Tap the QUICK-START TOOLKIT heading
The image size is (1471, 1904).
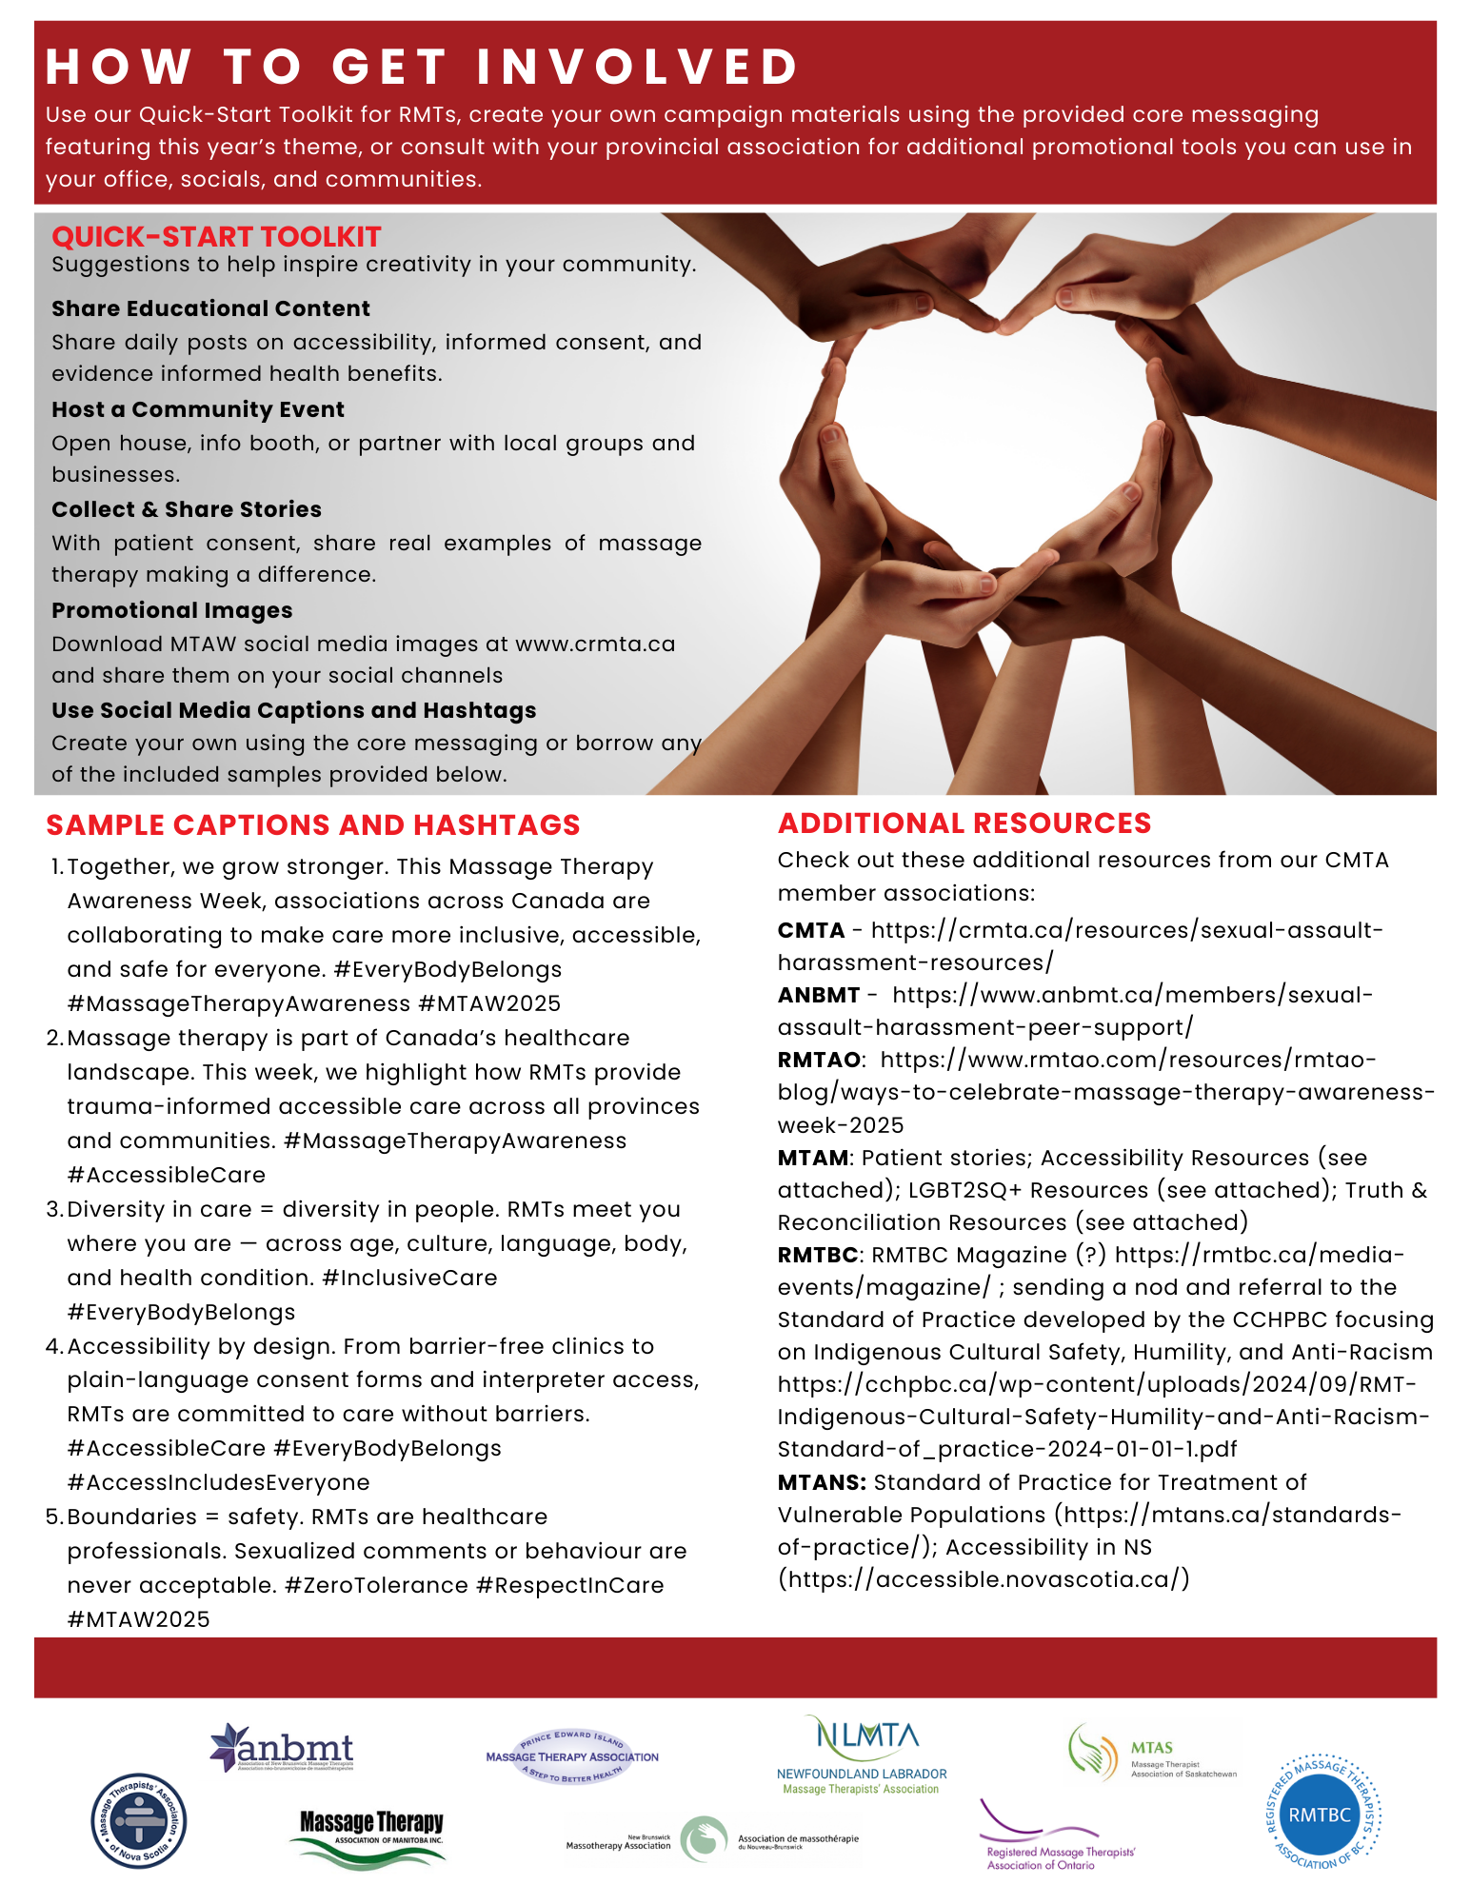[216, 237]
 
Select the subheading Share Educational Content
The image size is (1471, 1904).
[210, 308]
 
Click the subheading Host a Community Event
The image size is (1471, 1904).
[198, 409]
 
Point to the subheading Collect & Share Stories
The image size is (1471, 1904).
[187, 509]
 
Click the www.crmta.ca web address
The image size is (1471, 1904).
[595, 644]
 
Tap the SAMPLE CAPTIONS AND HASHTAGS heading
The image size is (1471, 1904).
[313, 825]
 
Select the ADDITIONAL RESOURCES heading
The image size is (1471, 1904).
[964, 823]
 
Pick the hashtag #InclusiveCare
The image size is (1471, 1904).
[409, 1278]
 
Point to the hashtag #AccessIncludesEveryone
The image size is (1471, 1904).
[218, 1482]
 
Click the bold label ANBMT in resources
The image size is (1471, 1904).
[819, 995]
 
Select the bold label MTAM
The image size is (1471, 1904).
[813, 1158]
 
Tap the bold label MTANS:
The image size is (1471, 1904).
[822, 1482]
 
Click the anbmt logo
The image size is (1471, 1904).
[282, 1748]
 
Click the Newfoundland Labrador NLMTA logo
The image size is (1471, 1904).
[862, 1755]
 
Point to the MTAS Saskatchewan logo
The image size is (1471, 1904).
[1152, 1753]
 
